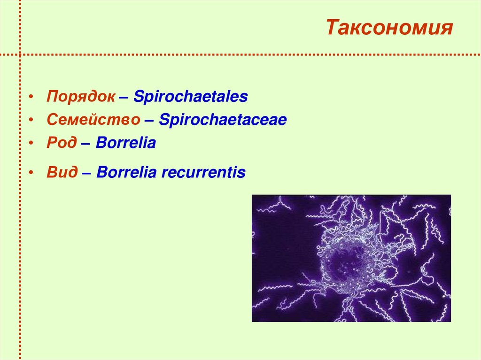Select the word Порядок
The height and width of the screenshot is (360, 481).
pyautogui.click(x=80, y=97)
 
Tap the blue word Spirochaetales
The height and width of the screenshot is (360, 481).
pyautogui.click(x=190, y=97)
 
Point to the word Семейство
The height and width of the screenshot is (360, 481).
pyautogui.click(x=93, y=120)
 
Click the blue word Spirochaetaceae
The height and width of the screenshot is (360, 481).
pyautogui.click(x=223, y=120)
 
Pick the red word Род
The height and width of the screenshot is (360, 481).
pyautogui.click(x=62, y=143)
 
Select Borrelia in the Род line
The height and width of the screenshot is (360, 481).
pyautogui.click(x=125, y=143)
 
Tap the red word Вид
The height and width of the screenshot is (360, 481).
pyautogui.click(x=62, y=172)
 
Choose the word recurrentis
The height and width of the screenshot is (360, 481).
pyautogui.click(x=203, y=172)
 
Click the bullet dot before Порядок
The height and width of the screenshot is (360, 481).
pyautogui.click(x=31, y=98)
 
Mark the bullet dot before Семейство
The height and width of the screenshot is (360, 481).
pyautogui.click(x=31, y=121)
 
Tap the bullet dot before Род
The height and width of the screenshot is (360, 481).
pyautogui.click(x=31, y=144)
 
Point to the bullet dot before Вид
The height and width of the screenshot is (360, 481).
pyautogui.click(x=31, y=173)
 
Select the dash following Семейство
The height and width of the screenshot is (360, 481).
pyautogui.click(x=149, y=121)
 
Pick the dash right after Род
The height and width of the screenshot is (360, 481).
pyautogui.click(x=86, y=144)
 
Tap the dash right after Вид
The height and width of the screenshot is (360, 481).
pyautogui.click(x=87, y=173)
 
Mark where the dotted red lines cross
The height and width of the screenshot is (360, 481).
pyautogui.click(x=20, y=54)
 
